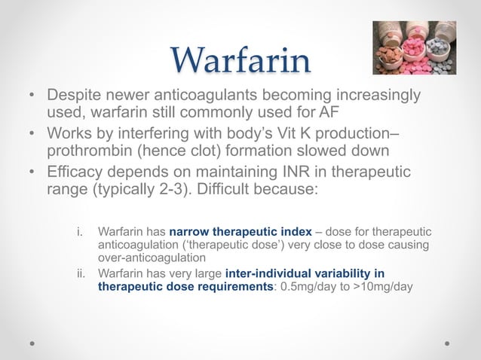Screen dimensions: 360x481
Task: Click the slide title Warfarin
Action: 240,60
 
